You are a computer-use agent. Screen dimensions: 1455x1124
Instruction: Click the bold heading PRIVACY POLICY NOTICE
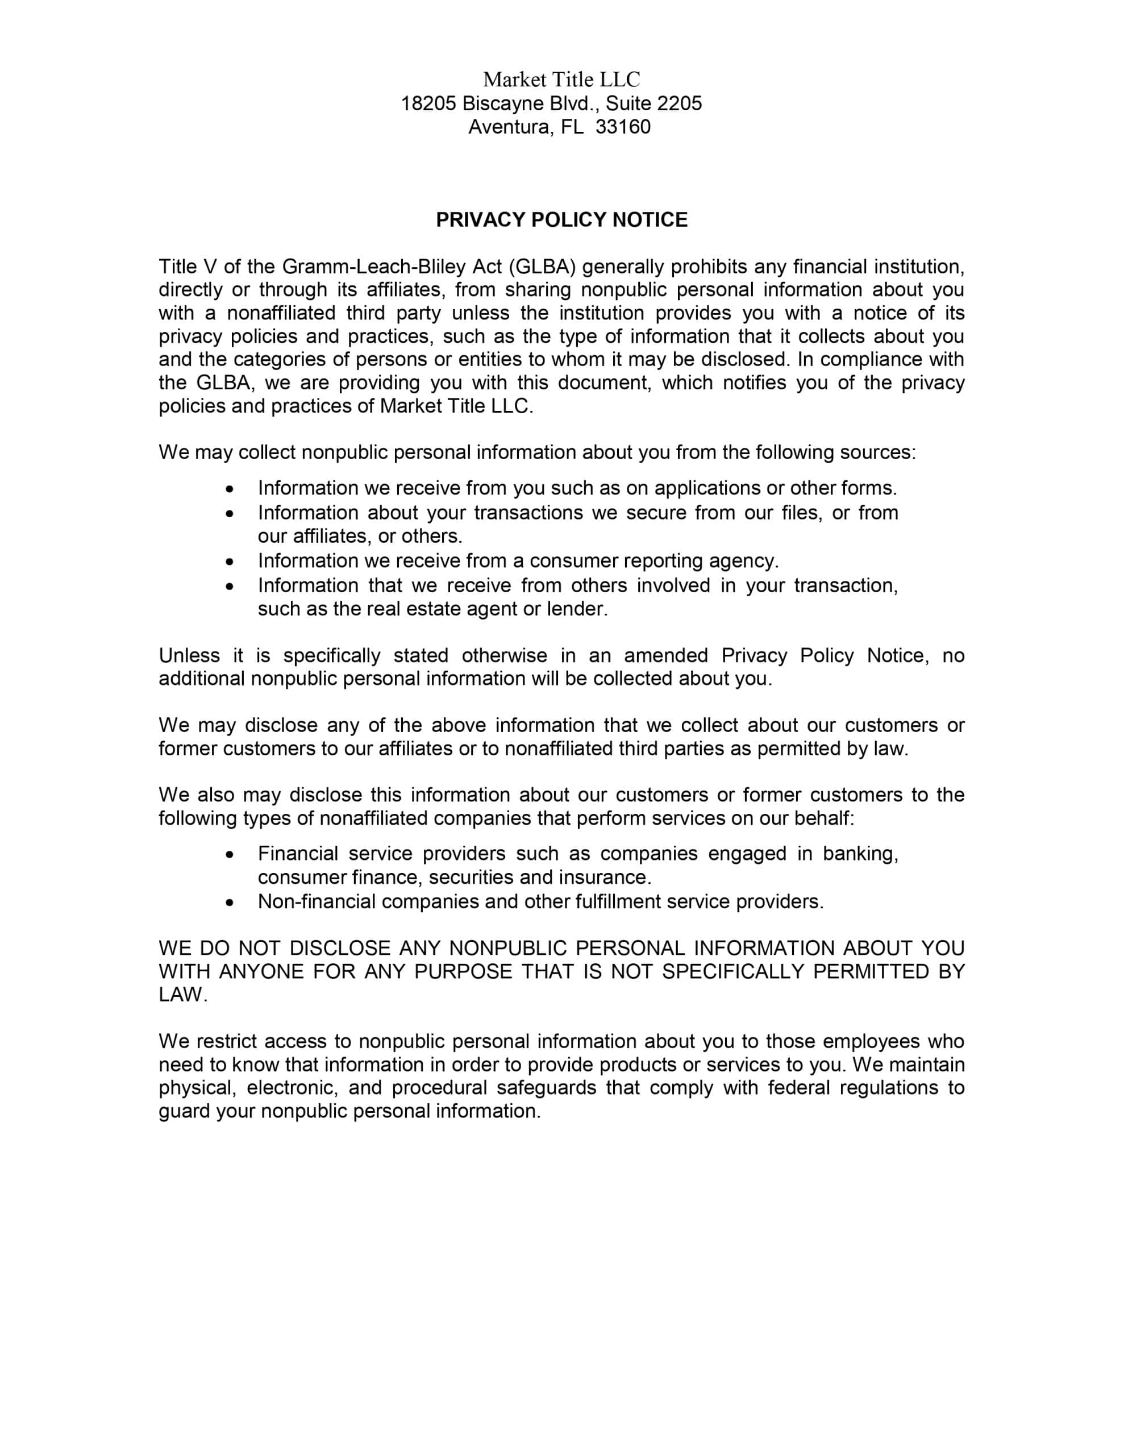click(x=561, y=220)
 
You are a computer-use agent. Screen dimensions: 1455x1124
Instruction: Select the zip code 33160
click(x=622, y=127)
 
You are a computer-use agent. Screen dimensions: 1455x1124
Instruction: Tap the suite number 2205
click(x=679, y=103)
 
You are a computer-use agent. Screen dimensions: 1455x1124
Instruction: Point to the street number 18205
click(x=428, y=103)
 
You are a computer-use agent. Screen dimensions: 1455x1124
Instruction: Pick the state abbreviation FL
click(x=572, y=127)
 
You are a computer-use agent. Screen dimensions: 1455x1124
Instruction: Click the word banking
click(x=860, y=854)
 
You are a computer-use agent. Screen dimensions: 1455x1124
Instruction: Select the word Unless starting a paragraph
click(x=189, y=655)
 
